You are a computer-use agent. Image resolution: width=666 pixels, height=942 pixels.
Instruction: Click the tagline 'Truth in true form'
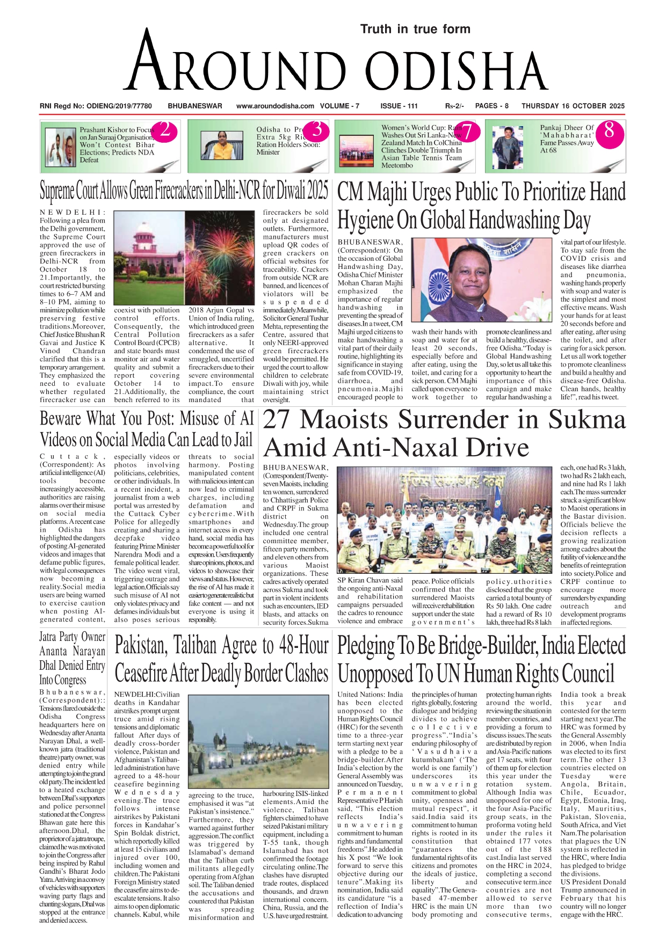415,29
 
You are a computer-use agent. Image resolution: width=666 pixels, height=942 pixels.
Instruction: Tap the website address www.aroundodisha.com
275,106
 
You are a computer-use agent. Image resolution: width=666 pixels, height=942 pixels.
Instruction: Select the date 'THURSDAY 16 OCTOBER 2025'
573,106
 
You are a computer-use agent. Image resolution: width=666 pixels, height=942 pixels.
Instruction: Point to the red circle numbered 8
609,130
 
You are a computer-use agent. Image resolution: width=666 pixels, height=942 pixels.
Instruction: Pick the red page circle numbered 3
317,130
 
